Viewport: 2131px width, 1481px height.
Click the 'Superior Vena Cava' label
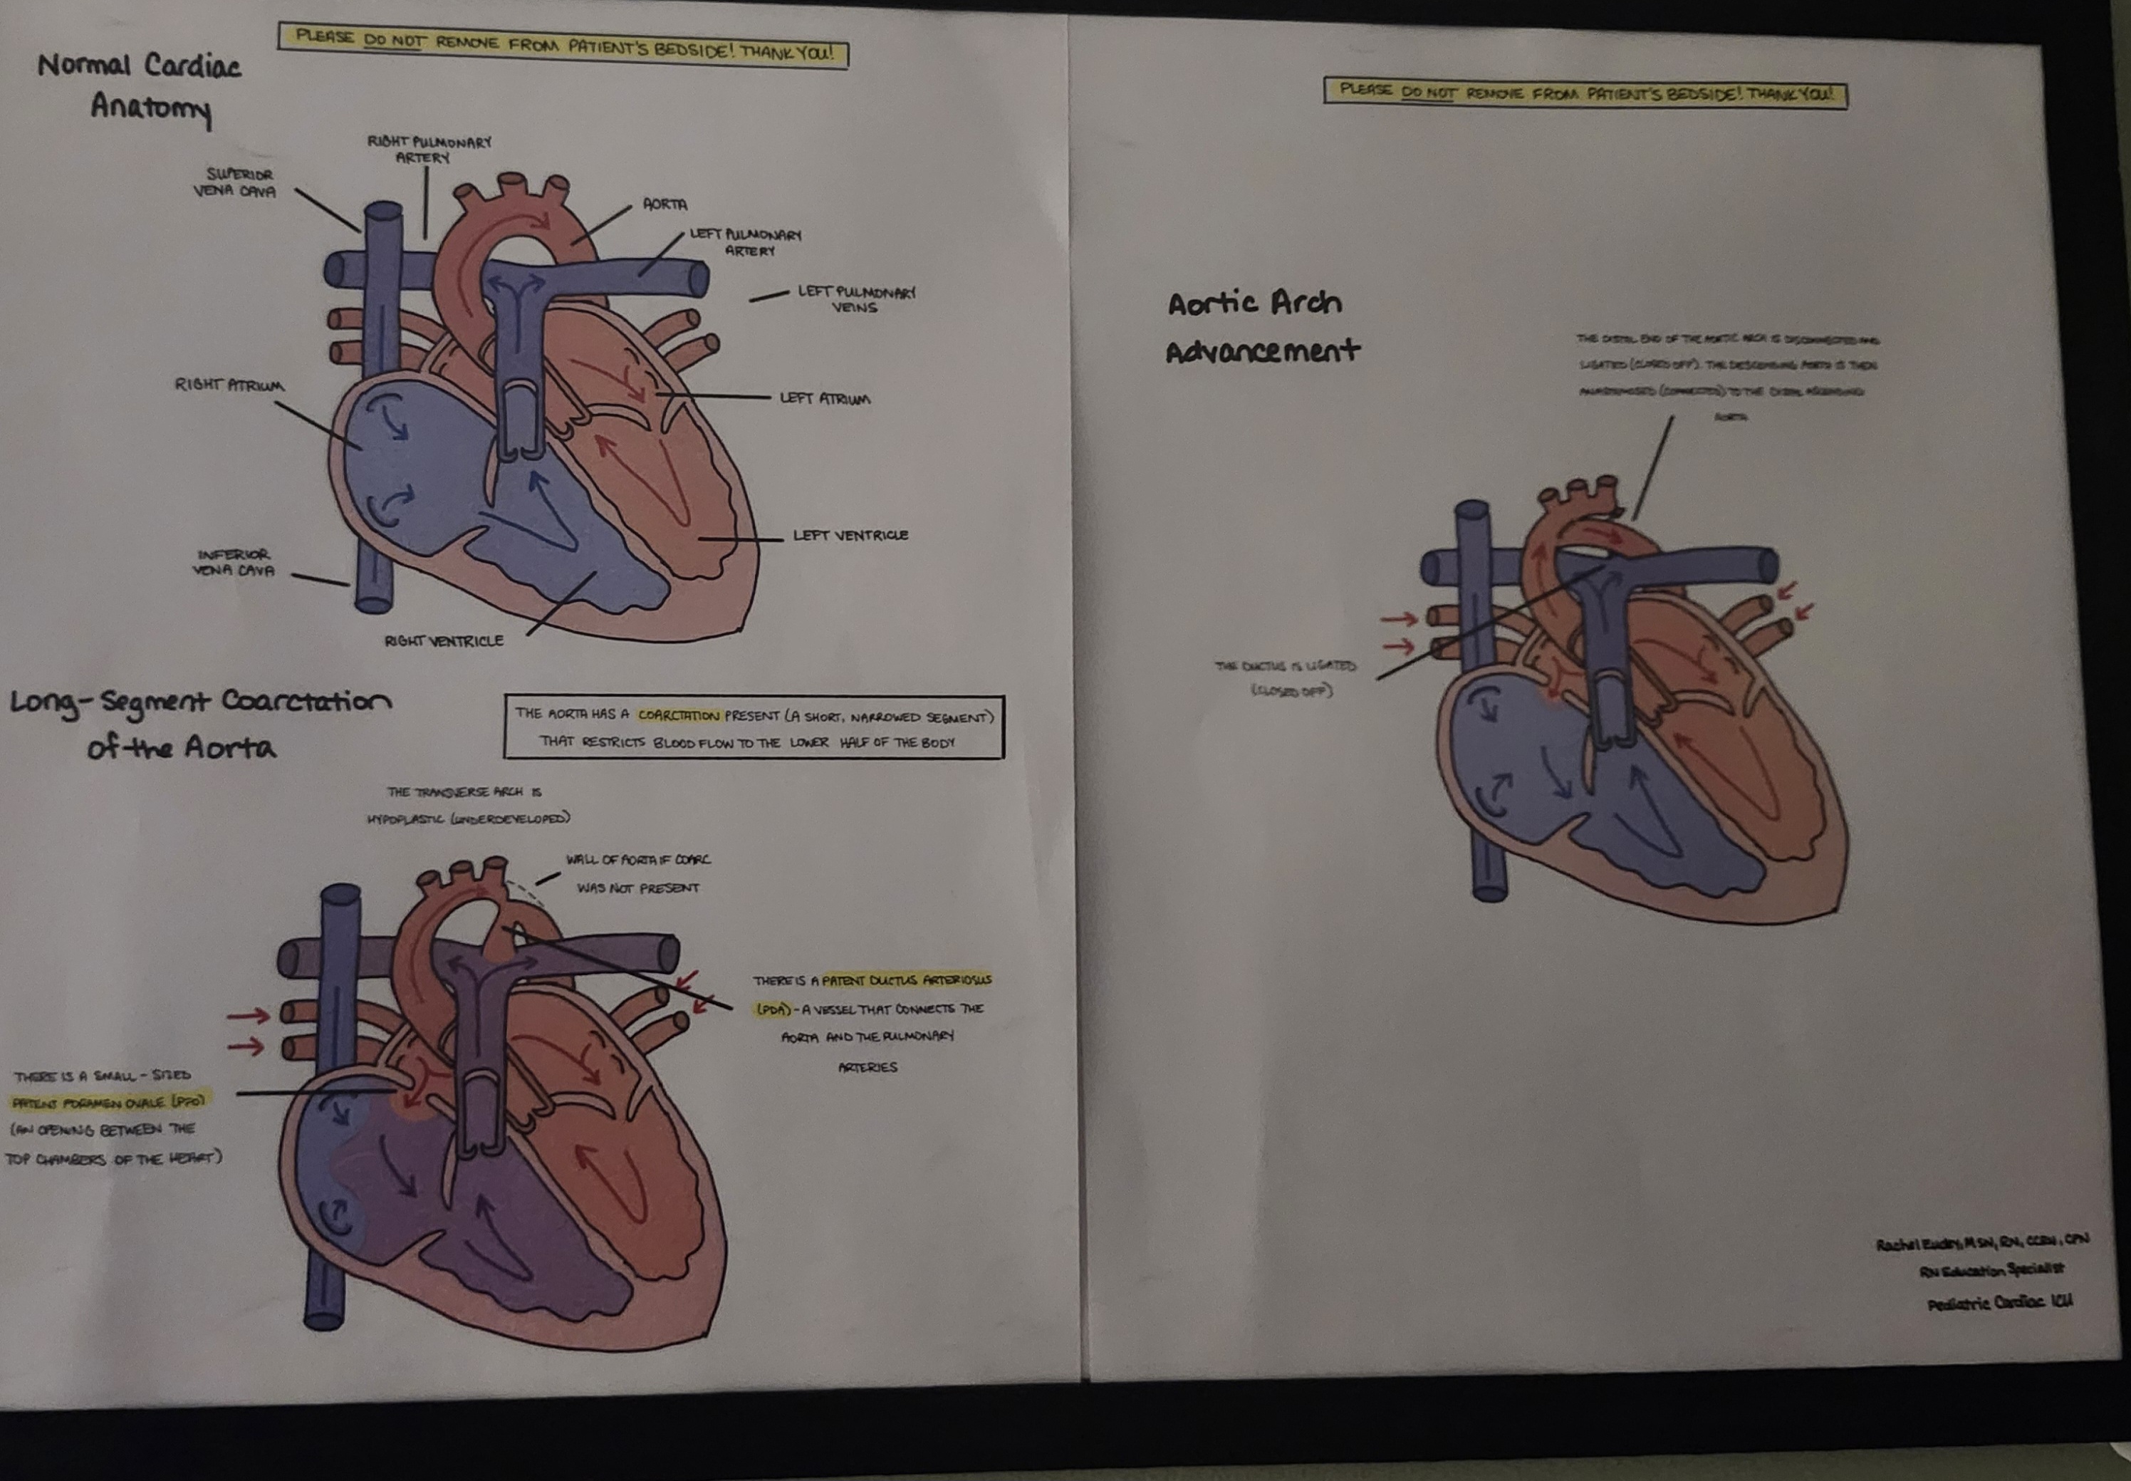pyautogui.click(x=235, y=183)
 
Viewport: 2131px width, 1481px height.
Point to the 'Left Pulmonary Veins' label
pyautogui.click(x=855, y=298)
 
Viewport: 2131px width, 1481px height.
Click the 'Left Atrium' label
pyautogui.click(x=825, y=398)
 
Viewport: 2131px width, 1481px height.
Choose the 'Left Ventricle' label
pyautogui.click(x=850, y=536)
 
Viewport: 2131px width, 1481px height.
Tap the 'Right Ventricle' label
pyautogui.click(x=444, y=641)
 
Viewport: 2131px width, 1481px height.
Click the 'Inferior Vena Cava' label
pyautogui.click(x=234, y=562)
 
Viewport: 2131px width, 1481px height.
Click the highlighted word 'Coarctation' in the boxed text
pyautogui.click(x=678, y=715)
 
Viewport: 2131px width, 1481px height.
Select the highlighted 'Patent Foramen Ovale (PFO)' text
pyautogui.click(x=108, y=1103)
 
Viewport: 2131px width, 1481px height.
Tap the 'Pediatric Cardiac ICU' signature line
pyautogui.click(x=1999, y=1303)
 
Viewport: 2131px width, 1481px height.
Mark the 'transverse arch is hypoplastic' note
pyautogui.click(x=467, y=804)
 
